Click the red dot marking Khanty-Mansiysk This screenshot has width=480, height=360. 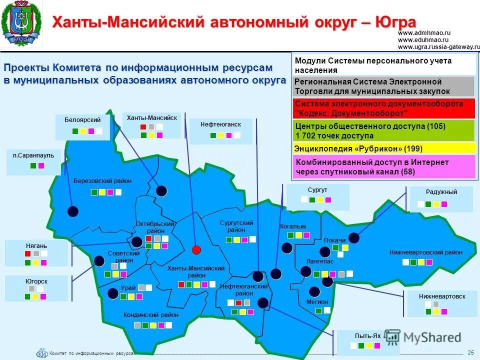(196, 249)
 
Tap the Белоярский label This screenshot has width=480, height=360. (82, 120)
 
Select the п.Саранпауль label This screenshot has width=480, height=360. (33, 155)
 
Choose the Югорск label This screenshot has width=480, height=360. (36, 281)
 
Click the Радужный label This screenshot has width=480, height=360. (441, 192)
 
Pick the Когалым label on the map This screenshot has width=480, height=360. (293, 226)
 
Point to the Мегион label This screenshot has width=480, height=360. (317, 302)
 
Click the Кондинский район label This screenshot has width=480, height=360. (151, 315)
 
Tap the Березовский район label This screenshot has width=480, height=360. (102, 181)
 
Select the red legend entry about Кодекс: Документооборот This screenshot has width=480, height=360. (383, 108)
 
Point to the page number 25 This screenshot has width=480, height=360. (470, 352)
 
